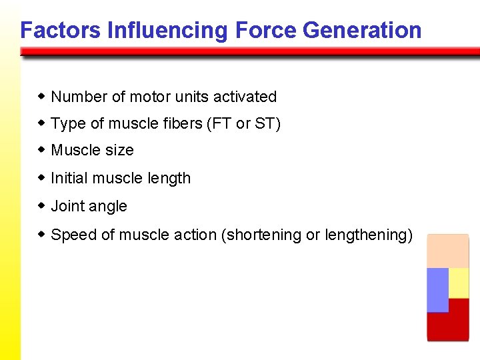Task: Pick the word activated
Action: pos(245,97)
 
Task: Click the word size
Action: pos(119,151)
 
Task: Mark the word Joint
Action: pos(68,207)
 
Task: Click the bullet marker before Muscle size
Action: pos(41,150)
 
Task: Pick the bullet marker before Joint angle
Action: pos(41,206)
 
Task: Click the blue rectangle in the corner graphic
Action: pos(437,289)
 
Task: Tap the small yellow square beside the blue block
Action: pos(459,283)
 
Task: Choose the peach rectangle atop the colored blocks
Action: pos(448,251)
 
